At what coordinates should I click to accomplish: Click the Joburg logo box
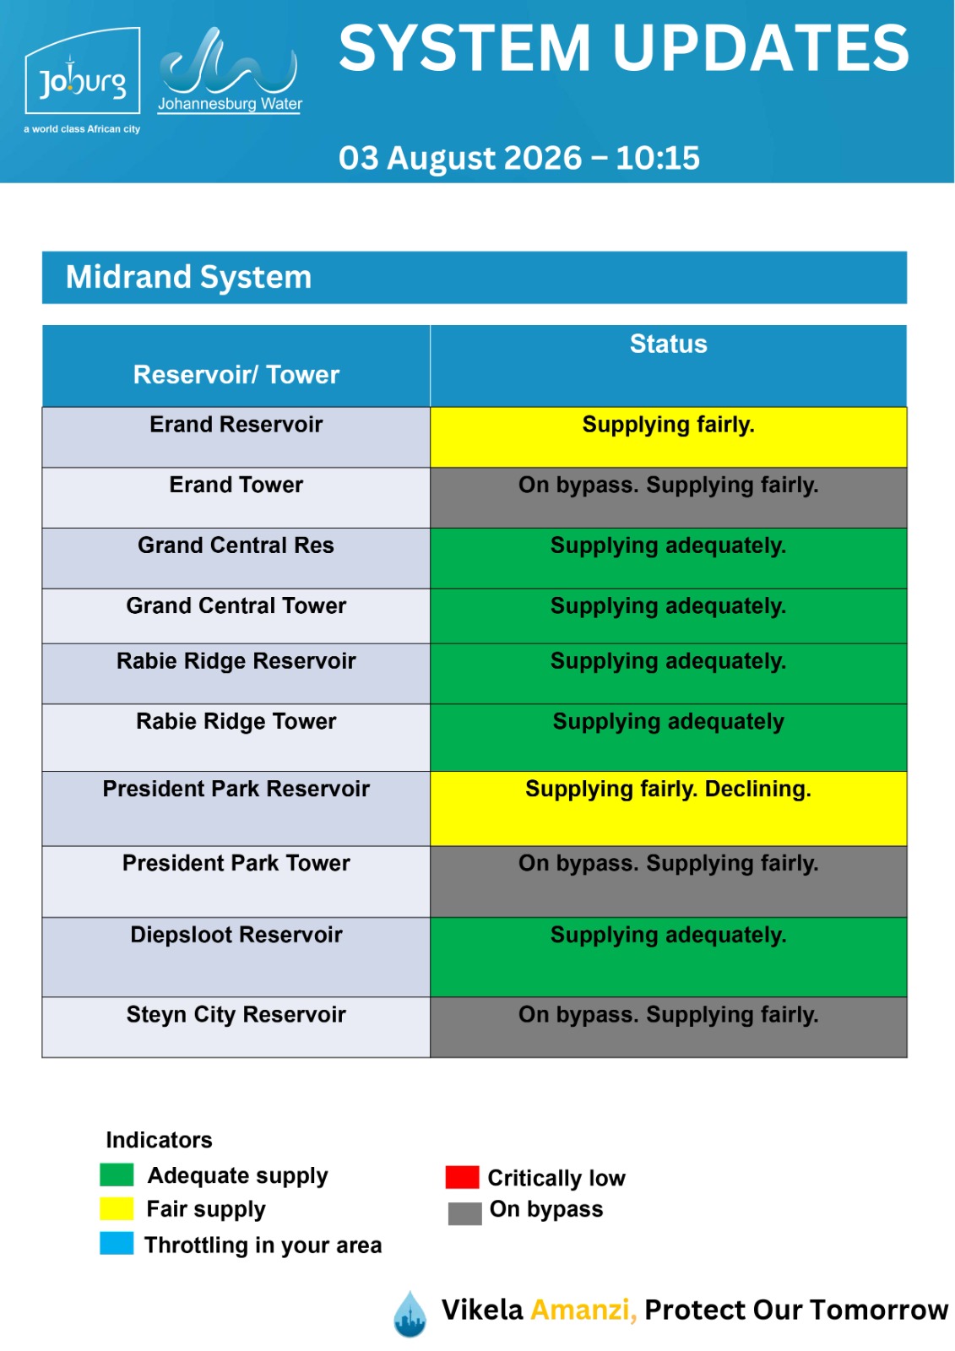82,71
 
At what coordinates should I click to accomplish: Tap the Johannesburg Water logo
230,71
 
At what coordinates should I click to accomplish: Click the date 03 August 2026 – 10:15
518,158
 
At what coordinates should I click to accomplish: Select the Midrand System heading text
188,277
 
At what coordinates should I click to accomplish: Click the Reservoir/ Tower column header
236,375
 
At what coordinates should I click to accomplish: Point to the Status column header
668,344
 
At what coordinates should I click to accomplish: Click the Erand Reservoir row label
236,425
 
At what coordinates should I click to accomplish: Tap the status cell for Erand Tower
668,497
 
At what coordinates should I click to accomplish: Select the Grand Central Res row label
236,545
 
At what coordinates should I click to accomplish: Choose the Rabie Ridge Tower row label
236,721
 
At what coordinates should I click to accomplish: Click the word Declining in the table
757,789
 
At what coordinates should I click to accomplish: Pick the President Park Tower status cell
668,882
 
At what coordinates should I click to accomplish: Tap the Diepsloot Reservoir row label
236,935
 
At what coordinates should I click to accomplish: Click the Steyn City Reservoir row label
236,1014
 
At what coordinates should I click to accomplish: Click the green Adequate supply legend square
117,1175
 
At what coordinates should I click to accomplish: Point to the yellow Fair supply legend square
117,1208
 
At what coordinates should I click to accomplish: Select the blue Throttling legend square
117,1244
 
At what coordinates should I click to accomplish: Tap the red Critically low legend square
462,1177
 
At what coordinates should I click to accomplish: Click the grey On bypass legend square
464,1213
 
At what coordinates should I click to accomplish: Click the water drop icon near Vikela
410,1314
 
